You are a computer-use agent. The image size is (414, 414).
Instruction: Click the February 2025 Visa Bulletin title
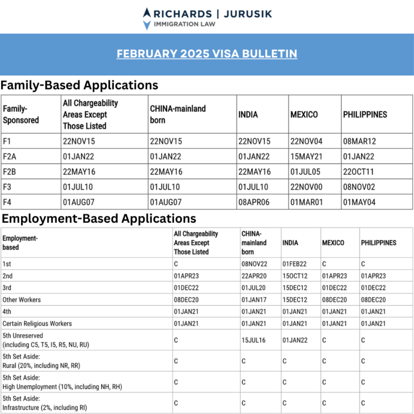tap(207, 54)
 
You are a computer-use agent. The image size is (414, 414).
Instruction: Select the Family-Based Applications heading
tap(79, 85)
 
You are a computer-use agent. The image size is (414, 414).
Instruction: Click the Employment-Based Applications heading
tap(98, 218)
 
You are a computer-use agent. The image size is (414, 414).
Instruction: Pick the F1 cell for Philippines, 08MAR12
tap(359, 141)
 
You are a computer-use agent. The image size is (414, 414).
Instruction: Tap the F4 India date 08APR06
tap(254, 202)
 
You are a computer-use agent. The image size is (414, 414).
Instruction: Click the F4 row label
tap(7, 202)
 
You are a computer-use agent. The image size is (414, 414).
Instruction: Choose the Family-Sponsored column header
tap(21, 114)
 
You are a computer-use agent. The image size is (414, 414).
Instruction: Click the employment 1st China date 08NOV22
tap(254, 264)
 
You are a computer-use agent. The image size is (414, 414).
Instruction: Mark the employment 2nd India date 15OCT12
tap(295, 276)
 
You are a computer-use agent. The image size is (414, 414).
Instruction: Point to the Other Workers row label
tap(22, 300)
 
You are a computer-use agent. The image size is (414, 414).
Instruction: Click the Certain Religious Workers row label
tap(37, 323)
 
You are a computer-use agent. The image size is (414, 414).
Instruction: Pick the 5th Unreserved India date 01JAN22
tap(294, 341)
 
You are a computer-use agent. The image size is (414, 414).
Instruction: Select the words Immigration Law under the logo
tap(184, 24)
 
